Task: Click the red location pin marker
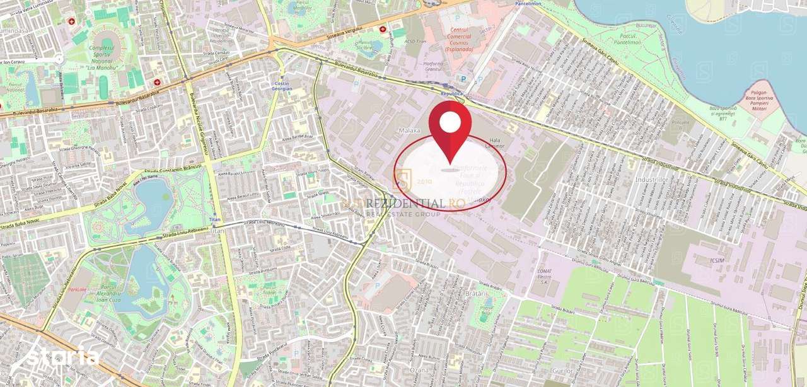[450, 129]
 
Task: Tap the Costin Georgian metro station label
[282, 86]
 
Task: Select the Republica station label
[451, 93]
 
